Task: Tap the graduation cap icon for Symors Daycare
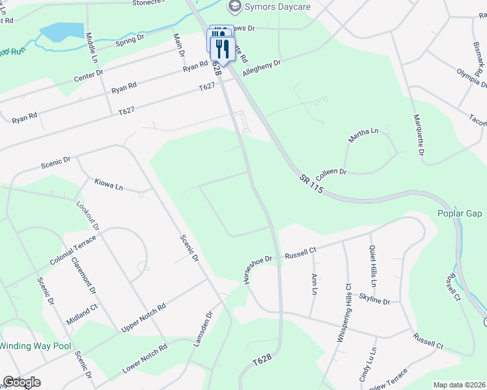pos(234,6)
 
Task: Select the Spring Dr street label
pos(129,40)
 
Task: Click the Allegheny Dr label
pos(261,68)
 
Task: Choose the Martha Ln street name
pos(363,135)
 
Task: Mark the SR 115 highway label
pos(312,185)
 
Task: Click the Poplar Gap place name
pos(460,214)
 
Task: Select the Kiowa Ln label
pos(109,185)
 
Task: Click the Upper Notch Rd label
pos(144,317)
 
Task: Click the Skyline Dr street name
pos(374,302)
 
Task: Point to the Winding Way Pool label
pos(35,346)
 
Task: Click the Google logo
pos(21,382)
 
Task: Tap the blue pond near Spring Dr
pos(62,31)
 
